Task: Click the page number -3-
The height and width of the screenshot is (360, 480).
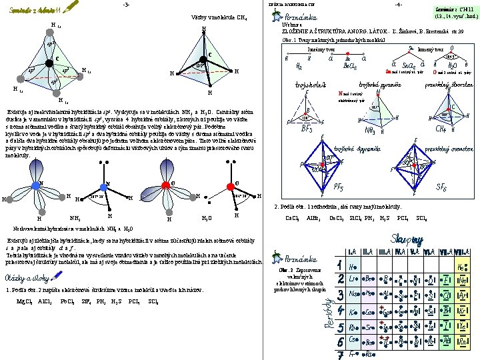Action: click(127, 5)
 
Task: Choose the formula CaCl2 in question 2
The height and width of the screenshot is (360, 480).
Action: click(291, 218)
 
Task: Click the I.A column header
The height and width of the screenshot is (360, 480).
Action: click(352, 251)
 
